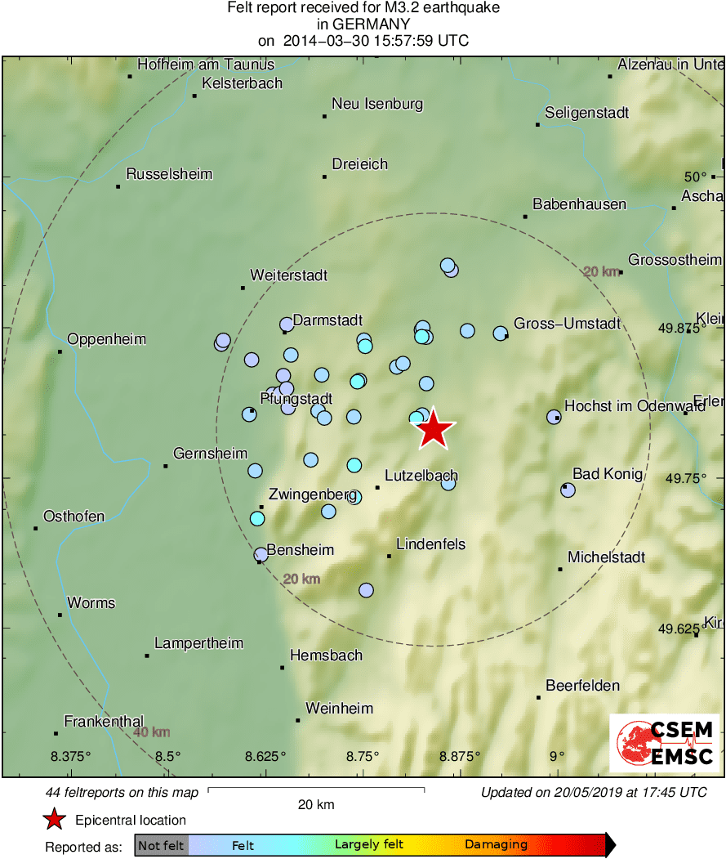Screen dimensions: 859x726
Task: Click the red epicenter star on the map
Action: click(434, 428)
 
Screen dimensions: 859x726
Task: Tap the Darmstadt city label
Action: click(327, 320)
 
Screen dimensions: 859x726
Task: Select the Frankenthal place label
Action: click(104, 722)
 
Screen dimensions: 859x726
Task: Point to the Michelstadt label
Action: click(606, 557)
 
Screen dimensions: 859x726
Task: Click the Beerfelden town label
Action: click(582, 686)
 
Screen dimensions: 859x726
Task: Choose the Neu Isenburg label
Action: click(376, 104)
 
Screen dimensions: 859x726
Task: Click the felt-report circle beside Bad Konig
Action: click(568, 490)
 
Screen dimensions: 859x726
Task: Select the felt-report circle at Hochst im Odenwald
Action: click(554, 417)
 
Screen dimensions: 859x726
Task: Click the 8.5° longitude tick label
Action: click(168, 755)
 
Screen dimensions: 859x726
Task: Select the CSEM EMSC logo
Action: click(664, 743)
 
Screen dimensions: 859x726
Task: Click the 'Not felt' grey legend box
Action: click(161, 845)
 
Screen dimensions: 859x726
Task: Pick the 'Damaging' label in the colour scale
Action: click(496, 845)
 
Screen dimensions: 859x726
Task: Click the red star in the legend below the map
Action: click(54, 820)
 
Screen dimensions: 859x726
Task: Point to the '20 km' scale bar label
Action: click(316, 805)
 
